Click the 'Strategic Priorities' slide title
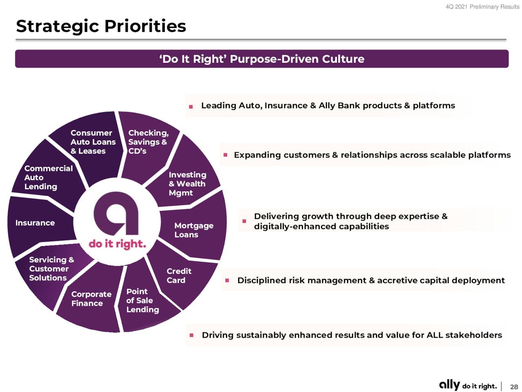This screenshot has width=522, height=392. point(101,26)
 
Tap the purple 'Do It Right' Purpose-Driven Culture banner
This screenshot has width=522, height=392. point(261,59)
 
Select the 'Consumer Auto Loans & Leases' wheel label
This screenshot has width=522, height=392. point(93,142)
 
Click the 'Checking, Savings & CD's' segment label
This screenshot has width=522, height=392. point(148,142)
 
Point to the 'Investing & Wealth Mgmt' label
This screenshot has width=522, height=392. point(188,184)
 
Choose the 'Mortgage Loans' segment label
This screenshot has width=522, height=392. point(194,230)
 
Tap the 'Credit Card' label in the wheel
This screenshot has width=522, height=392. point(179,276)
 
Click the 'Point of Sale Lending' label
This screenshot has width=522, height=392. point(142,301)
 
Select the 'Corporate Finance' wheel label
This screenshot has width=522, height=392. point(91,299)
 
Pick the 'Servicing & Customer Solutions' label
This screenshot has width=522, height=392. point(51,269)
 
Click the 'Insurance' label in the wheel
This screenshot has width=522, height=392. point(35,223)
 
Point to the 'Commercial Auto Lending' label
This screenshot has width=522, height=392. point(49,178)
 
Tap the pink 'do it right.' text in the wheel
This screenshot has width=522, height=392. point(117,244)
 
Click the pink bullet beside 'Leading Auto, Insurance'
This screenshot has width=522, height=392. point(191,107)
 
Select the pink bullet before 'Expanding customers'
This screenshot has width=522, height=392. point(226,155)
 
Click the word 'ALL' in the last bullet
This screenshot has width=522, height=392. point(435,335)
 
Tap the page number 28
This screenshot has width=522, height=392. point(514,387)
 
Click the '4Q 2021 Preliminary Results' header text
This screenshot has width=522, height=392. point(482,7)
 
